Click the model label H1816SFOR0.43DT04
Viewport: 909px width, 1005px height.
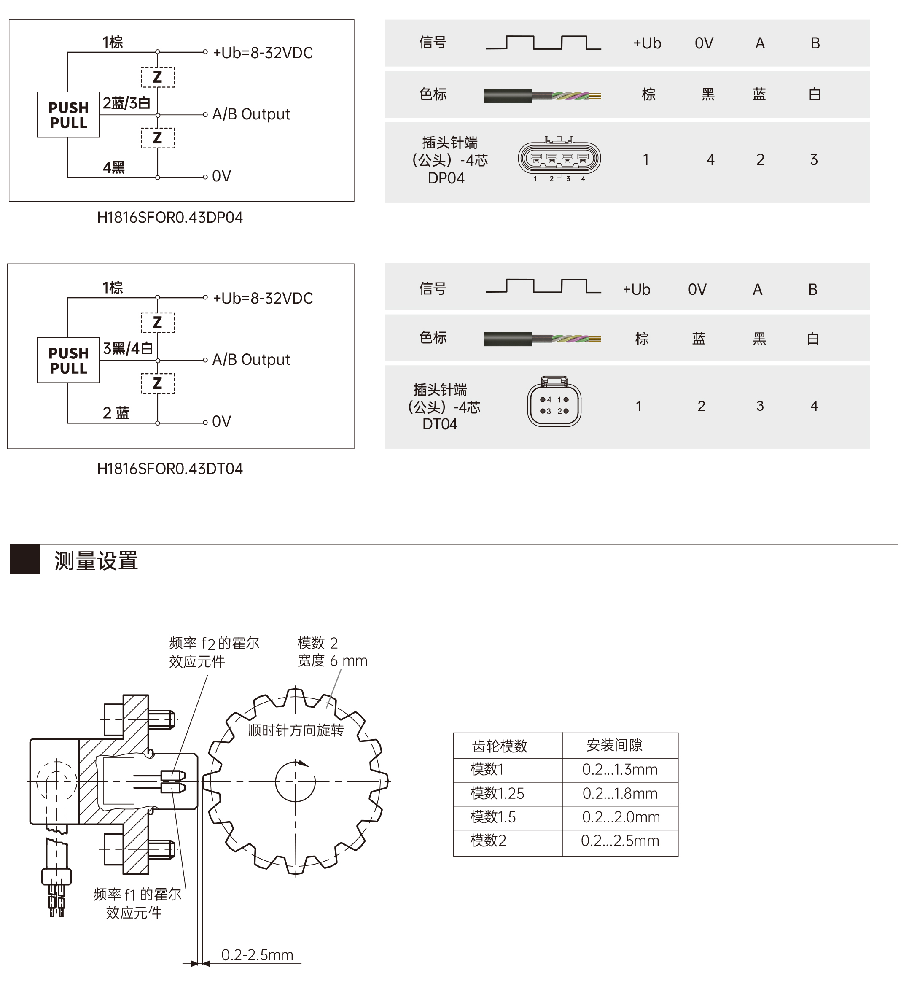169,469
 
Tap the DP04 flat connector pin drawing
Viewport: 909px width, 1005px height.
559,158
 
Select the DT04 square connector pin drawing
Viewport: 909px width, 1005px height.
554,401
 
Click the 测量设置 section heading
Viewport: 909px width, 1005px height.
96,561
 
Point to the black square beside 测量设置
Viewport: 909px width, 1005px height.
25,560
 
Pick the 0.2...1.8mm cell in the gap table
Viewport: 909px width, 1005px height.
620,793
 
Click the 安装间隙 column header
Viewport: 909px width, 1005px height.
614,745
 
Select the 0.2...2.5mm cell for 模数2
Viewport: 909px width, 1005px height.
620,841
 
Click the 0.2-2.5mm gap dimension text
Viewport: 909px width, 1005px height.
257,955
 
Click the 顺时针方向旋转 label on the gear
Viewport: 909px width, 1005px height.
296,731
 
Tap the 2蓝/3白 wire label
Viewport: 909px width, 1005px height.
126,103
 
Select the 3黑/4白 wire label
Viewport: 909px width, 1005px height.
128,348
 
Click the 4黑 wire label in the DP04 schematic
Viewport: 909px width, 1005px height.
114,167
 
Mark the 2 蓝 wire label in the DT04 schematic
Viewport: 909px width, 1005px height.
116,413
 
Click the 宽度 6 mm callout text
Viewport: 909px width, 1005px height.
332,661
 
